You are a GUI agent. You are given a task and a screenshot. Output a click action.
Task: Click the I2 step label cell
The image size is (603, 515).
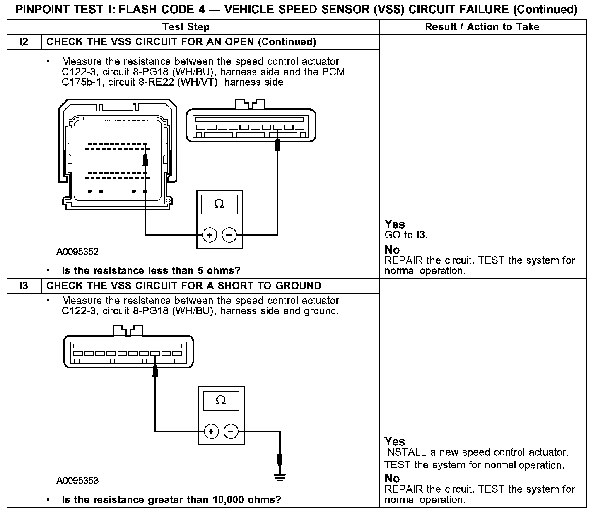click(x=24, y=42)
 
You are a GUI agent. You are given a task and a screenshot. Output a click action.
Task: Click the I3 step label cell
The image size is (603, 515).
click(x=24, y=286)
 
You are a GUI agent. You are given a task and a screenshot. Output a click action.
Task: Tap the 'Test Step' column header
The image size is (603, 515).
click(x=186, y=27)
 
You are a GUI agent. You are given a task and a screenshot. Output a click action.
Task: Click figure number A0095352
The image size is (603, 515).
click(x=78, y=252)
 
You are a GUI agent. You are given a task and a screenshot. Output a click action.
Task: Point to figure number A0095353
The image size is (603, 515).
click(x=78, y=480)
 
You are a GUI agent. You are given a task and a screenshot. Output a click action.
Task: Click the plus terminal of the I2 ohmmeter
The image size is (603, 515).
click(x=210, y=235)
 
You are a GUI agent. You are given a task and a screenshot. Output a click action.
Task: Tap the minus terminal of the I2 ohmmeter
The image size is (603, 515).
click(x=229, y=235)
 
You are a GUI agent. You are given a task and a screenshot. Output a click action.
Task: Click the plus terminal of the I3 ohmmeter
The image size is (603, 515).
click(x=211, y=431)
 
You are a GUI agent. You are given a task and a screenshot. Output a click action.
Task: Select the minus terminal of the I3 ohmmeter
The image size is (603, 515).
click(x=231, y=431)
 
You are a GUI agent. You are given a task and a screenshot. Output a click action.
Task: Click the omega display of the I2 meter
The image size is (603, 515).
click(x=219, y=204)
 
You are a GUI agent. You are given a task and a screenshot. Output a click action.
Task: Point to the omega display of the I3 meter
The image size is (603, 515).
click(x=221, y=400)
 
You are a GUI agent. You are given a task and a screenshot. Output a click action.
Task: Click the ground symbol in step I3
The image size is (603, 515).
click(x=280, y=478)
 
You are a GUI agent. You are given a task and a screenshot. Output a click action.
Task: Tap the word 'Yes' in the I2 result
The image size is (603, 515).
click(x=394, y=224)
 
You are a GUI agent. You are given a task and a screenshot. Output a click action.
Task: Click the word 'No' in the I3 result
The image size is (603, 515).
click(x=392, y=479)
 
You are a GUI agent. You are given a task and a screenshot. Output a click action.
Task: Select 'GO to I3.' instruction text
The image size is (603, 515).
click(x=406, y=235)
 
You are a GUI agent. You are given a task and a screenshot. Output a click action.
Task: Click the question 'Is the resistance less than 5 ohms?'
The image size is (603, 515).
click(x=151, y=271)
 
